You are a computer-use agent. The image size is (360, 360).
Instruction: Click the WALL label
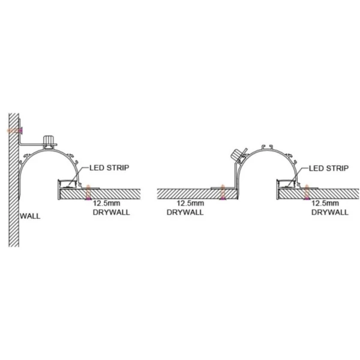[x=30, y=216]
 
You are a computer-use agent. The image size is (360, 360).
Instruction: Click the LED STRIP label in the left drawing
[x=109, y=167]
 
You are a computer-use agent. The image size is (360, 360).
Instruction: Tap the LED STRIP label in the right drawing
[x=329, y=168]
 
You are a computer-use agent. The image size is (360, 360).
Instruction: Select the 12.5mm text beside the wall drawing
[x=107, y=203]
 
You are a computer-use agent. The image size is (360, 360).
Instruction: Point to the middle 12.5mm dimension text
[x=190, y=203]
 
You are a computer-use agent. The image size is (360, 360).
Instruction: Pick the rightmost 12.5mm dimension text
[x=325, y=203]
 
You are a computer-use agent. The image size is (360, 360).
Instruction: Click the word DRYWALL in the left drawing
[x=112, y=212]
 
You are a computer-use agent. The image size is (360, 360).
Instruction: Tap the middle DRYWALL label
[x=185, y=212]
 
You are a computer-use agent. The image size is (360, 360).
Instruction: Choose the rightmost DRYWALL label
[x=330, y=212]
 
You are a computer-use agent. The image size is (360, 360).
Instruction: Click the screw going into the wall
[x=15, y=131]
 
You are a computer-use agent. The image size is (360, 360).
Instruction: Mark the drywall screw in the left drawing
[x=88, y=192]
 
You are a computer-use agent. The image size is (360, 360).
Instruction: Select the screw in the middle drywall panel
[x=222, y=192]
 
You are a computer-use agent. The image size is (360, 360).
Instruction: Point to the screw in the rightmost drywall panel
[x=307, y=192]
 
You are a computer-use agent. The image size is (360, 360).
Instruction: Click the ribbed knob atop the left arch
[x=50, y=140]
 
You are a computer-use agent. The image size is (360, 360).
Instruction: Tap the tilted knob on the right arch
[x=237, y=154]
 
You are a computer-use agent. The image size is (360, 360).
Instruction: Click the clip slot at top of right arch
[x=268, y=147]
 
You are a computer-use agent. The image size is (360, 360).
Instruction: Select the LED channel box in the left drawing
[x=68, y=184]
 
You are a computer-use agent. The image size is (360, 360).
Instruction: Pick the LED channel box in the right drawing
[x=287, y=184]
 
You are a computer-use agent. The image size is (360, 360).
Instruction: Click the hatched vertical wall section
[x=14, y=180]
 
